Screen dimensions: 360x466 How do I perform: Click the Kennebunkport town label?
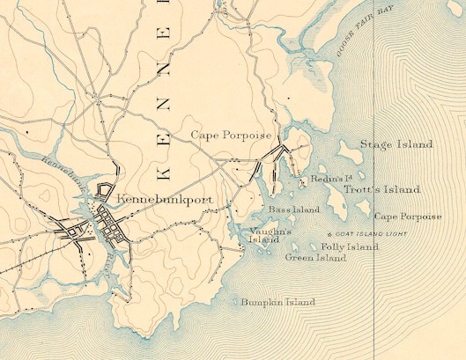[x=165, y=199]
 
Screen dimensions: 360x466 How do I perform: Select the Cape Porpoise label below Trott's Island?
[x=408, y=217]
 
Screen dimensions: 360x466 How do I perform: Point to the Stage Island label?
[x=396, y=144]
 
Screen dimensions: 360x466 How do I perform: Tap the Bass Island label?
[x=294, y=210]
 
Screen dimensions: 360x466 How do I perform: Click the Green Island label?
[x=315, y=259]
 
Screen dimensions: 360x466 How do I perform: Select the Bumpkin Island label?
[x=277, y=303]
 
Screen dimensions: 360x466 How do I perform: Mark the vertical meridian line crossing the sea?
[x=374, y=290]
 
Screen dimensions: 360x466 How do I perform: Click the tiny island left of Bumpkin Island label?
[x=235, y=303]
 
